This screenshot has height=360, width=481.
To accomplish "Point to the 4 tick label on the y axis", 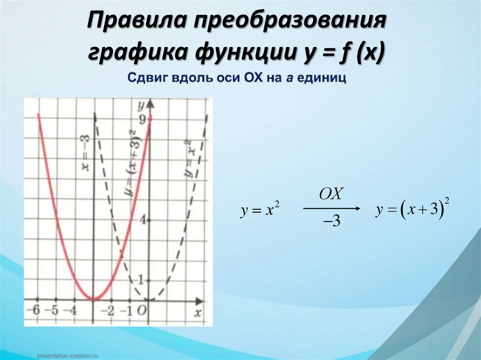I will [x=141, y=218].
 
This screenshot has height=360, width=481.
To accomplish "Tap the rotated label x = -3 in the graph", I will [x=85, y=153].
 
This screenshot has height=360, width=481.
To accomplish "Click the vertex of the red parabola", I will [x=93, y=299].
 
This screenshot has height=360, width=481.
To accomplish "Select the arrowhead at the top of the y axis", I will [x=149, y=103].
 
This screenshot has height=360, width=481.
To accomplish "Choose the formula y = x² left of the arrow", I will [x=260, y=212].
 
